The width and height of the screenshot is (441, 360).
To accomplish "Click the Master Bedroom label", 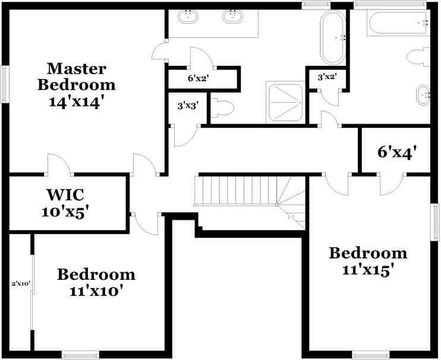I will pos(81,76).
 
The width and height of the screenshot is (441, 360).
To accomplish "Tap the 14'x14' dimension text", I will pos(81,100).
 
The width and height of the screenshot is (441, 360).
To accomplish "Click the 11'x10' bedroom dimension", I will pos(96,291).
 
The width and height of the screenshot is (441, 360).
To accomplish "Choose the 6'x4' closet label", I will pos(396,152).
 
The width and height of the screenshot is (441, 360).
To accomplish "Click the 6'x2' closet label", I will pos(199,78).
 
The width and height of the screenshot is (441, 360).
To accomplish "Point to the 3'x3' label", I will pos(188,106).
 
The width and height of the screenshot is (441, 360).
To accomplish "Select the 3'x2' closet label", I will pos(327,77).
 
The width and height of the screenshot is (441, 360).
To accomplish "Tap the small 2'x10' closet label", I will pos(21,283).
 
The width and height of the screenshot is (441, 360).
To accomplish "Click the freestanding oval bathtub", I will pos(333,37).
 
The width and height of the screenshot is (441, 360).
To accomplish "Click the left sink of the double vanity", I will pos(190,16).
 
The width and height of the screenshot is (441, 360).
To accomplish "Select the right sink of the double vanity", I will pos(232,16).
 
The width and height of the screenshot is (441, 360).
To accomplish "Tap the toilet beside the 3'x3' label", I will pos(224,108).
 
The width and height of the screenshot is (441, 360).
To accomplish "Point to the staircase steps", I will pos(238,190).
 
